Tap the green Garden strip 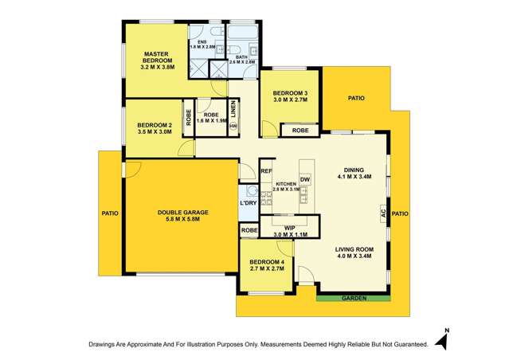coord(353,299)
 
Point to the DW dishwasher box coord(305,179)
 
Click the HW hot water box coord(233,126)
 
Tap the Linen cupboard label coord(233,108)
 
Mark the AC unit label coord(383,213)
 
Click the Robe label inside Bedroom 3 coord(300,130)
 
